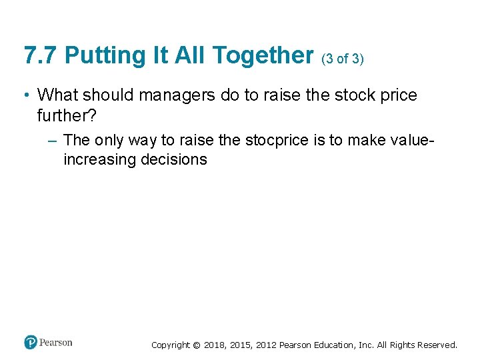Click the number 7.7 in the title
tap(40, 55)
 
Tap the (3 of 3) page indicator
tap(342, 59)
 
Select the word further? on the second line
tap(67, 115)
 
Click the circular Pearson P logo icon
tap(30, 343)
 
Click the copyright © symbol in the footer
tap(195, 345)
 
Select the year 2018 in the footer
tap(214, 345)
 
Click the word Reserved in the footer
tap(437, 345)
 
